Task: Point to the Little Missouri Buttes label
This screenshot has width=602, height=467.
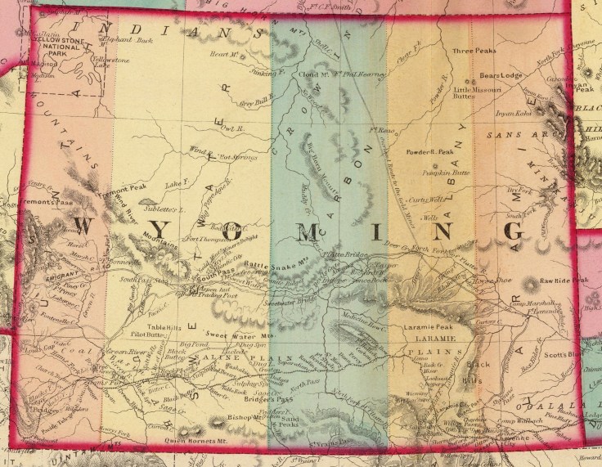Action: (483, 95)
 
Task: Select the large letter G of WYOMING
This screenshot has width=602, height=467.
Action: (513, 227)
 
